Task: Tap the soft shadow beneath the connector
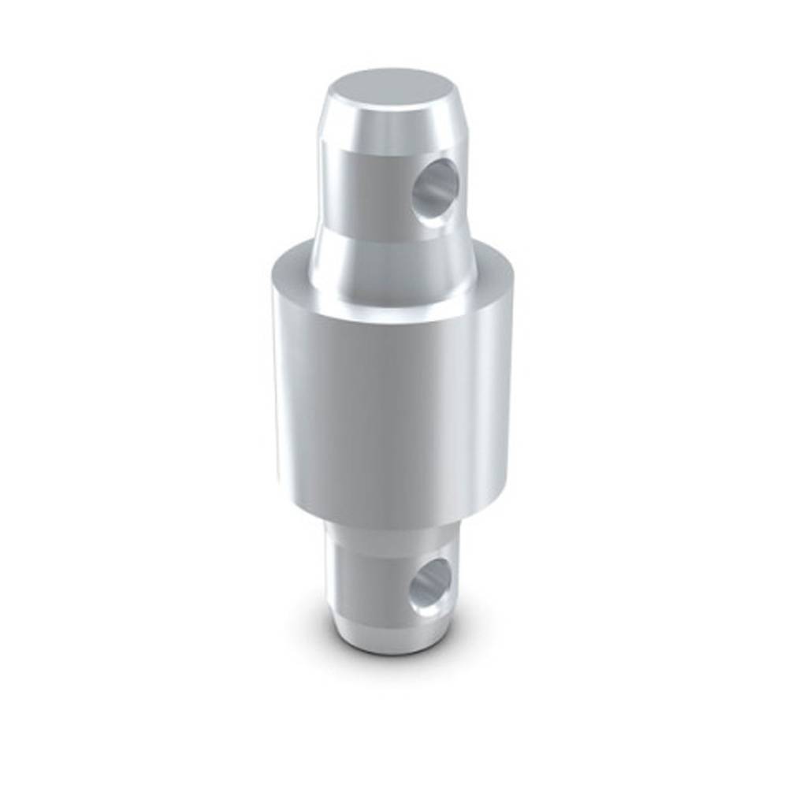(x=394, y=670)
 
